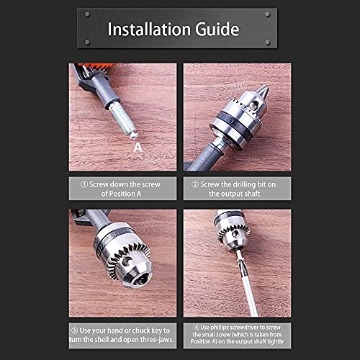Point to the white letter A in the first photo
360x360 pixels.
pyautogui.click(x=138, y=148)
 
